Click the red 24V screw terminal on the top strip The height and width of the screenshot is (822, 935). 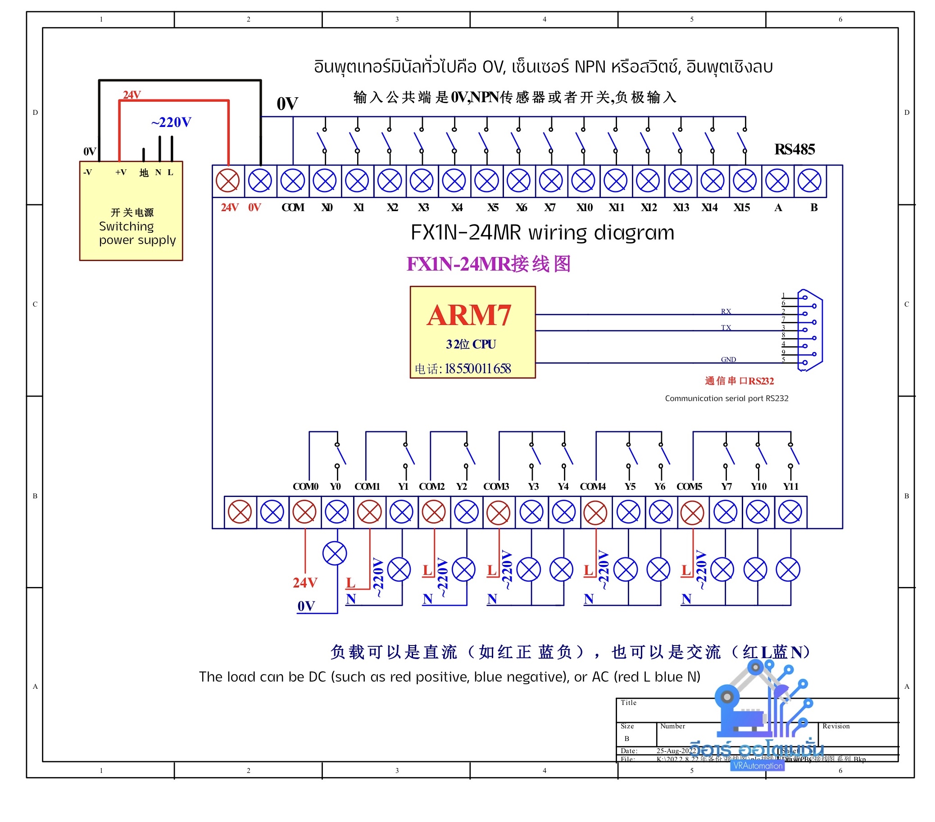[228, 181]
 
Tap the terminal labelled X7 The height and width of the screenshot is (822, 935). [551, 181]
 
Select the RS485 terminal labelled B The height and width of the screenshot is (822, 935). [810, 181]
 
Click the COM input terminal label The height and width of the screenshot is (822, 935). [293, 208]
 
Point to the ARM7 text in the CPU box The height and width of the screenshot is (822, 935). [469, 316]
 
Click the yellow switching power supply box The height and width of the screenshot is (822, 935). [131, 211]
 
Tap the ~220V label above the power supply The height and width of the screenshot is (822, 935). [171, 122]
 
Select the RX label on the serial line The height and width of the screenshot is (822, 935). [726, 312]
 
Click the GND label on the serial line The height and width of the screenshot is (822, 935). [728, 360]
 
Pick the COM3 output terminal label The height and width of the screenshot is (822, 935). [496, 487]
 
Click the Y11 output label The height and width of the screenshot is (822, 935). [790, 487]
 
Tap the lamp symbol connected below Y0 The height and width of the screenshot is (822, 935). [335, 554]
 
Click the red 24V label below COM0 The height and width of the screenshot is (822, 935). [304, 583]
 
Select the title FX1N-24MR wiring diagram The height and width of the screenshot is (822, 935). [543, 233]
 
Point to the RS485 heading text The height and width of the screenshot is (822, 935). [794, 149]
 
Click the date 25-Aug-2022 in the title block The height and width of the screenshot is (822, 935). [676, 751]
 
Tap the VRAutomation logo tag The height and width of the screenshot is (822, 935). [758, 766]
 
